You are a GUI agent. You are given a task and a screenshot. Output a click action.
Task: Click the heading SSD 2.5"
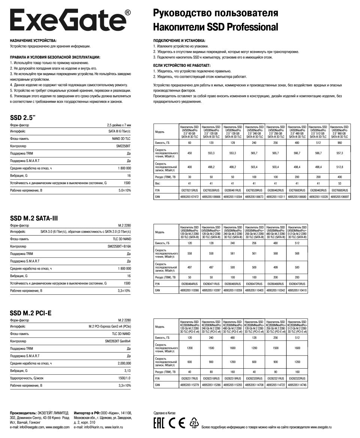tap(24, 117)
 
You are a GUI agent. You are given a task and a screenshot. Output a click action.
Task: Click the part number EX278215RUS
tap(189, 190)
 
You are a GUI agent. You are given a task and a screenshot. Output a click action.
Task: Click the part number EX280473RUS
tap(298, 284)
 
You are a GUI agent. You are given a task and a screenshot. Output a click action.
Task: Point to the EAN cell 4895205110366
tap(189, 290)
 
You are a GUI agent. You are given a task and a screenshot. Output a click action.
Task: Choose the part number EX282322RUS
tap(298, 378)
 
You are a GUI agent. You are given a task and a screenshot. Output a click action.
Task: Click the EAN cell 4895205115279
tap(189, 385)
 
